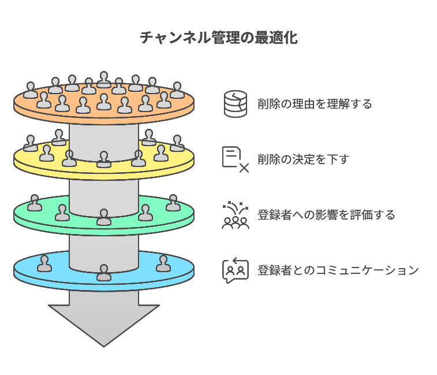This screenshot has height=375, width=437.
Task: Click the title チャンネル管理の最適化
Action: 218,39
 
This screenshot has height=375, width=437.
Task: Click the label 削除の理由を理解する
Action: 315,105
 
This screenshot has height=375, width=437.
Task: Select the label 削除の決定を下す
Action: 303,159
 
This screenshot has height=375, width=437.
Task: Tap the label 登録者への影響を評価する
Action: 326,215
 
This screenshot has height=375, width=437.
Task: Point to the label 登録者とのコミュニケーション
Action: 338,270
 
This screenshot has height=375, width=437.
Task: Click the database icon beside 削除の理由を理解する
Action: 236,105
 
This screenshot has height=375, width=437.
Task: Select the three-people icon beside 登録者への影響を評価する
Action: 236,215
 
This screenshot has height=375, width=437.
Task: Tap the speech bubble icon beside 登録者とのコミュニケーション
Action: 236,270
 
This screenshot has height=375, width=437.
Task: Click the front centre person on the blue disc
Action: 104,273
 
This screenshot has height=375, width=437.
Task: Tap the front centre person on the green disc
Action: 104,217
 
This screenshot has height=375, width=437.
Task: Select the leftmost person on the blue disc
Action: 44,263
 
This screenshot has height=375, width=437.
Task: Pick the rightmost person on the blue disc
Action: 163,263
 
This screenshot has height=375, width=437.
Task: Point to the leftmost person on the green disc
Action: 35,203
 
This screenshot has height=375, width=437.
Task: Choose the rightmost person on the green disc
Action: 173,203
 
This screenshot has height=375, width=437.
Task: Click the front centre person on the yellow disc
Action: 104,159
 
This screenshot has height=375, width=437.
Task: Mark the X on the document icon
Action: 244,168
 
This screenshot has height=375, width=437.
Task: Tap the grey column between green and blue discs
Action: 104,246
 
